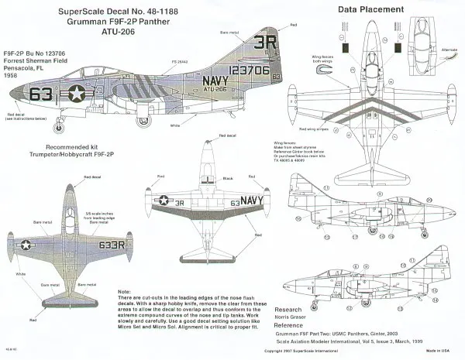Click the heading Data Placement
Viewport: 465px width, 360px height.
(352, 9)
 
